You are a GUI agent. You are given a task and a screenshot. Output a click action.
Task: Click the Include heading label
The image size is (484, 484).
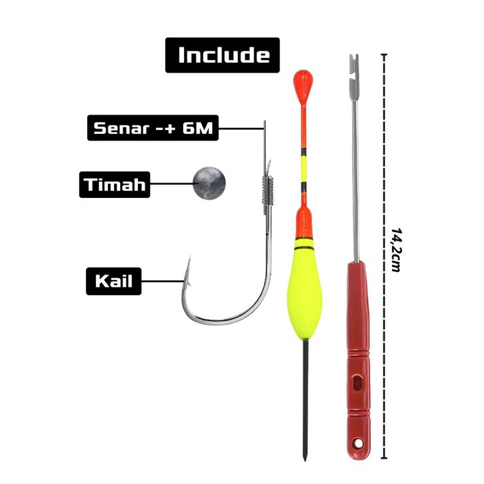pyautogui.click(x=223, y=55)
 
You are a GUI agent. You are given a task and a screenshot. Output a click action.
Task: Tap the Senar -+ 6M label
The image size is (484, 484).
pyautogui.click(x=153, y=127)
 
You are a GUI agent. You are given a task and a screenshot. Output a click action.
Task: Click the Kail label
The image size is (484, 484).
pyautogui.click(x=114, y=281)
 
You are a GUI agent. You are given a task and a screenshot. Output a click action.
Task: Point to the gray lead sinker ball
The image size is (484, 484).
pyautogui.click(x=209, y=181)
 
